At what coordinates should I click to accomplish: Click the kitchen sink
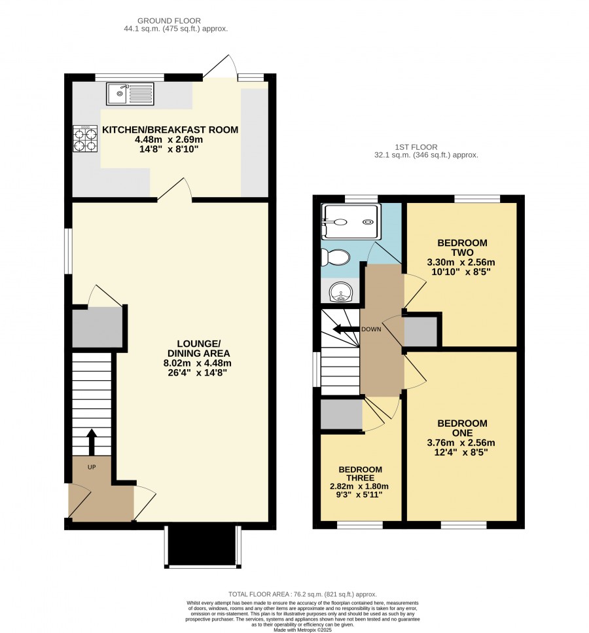pyautogui.click(x=130, y=94)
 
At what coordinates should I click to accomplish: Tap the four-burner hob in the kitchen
pyautogui.click(x=85, y=139)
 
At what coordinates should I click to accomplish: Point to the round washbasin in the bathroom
pyautogui.click(x=340, y=291)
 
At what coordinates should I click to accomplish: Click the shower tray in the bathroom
pyautogui.click(x=351, y=221)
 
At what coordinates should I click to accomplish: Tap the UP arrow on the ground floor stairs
pyautogui.click(x=92, y=443)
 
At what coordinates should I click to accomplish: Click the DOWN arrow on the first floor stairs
pyautogui.click(x=346, y=329)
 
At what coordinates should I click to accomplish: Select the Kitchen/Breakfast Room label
pyautogui.click(x=170, y=130)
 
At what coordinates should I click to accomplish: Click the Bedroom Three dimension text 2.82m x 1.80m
pyautogui.click(x=359, y=486)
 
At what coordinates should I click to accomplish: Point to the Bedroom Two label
pyautogui.click(x=462, y=247)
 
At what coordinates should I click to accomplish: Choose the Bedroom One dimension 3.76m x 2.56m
pyautogui.click(x=461, y=443)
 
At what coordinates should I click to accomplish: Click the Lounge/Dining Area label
pyautogui.click(x=198, y=348)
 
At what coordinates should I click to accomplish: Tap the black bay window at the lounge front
pyautogui.click(x=203, y=547)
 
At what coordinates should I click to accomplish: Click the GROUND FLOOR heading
pyautogui.click(x=169, y=20)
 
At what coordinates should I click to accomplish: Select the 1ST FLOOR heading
pyautogui.click(x=416, y=147)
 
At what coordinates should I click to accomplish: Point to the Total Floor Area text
pyautogui.click(x=302, y=594)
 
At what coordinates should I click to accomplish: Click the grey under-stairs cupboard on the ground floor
pyautogui.click(x=97, y=327)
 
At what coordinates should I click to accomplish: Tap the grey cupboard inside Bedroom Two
pyautogui.click(x=421, y=331)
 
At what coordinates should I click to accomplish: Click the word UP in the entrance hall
pyautogui.click(x=92, y=467)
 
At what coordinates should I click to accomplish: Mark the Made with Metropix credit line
pyautogui.click(x=302, y=630)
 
